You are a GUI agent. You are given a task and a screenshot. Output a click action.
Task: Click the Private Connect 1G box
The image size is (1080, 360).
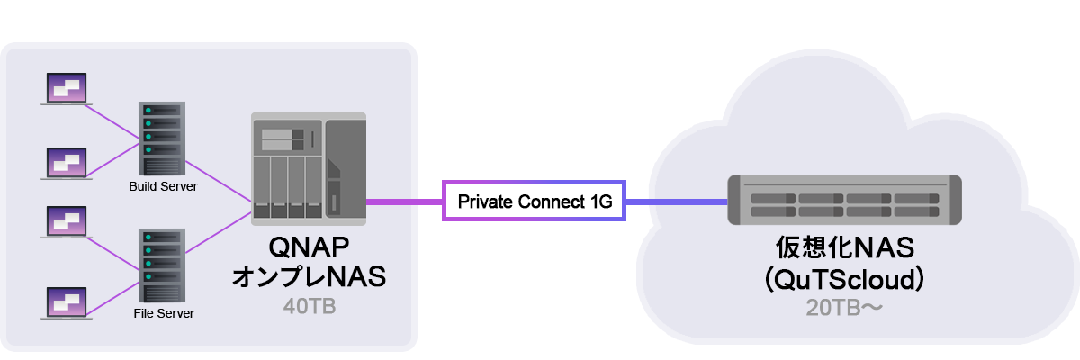pyautogui.click(x=535, y=202)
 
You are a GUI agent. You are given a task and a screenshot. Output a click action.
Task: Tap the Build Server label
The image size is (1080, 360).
pyautogui.click(x=163, y=186)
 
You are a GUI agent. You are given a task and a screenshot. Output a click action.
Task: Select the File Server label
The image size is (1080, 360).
pyautogui.click(x=163, y=314)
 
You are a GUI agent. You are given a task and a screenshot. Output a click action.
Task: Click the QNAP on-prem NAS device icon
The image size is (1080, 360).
pyautogui.click(x=309, y=168)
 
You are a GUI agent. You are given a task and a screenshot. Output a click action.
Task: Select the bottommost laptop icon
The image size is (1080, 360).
pyautogui.click(x=67, y=304)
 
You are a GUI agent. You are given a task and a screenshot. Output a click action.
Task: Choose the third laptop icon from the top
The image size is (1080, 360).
pyautogui.click(x=67, y=223)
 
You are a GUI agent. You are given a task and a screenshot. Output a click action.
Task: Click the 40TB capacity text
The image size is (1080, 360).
pyautogui.click(x=309, y=307)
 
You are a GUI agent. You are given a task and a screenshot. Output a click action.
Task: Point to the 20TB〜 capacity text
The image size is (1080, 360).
pyautogui.click(x=844, y=308)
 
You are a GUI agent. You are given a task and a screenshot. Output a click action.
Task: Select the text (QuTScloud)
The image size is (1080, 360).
pyautogui.click(x=844, y=278)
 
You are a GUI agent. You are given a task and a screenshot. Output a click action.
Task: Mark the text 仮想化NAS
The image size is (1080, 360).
pyautogui.click(x=844, y=248)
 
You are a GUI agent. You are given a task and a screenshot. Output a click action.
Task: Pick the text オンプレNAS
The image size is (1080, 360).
pyautogui.click(x=309, y=276)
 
